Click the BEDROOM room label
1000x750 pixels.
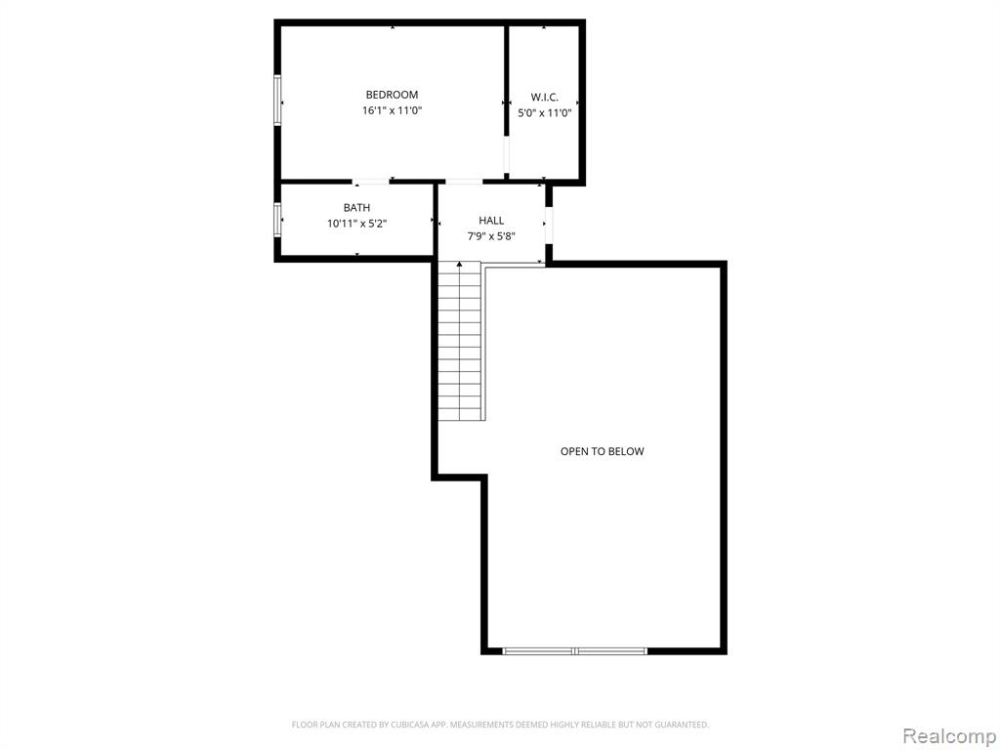coord(392,95)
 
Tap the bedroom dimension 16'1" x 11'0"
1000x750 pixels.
coord(393,111)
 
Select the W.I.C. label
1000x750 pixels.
coord(544,98)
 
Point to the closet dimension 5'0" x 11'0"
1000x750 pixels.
coord(544,113)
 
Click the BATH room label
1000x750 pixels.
coord(356,208)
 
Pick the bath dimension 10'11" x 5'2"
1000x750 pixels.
coord(356,224)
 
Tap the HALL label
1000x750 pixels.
coord(491,221)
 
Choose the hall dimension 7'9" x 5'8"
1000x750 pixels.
coord(491,236)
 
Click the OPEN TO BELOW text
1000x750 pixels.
coord(602,451)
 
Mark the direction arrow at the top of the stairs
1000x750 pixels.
coord(459,264)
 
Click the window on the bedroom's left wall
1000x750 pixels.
coord(277,101)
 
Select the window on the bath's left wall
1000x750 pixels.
coord(277,220)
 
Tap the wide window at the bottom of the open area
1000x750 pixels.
coord(574,651)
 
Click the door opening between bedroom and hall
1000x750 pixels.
coord(463,182)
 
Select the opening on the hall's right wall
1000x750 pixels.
coord(549,226)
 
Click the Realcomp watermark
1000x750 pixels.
coord(949,736)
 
